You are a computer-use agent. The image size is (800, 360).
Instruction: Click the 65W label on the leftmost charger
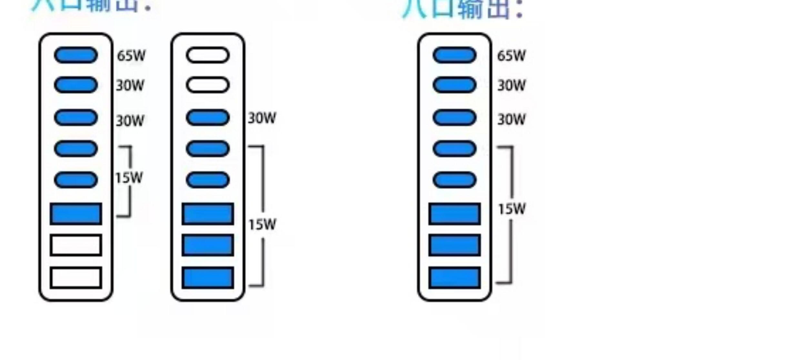pyautogui.click(x=131, y=55)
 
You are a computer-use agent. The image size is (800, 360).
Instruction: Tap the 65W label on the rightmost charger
pyautogui.click(x=511, y=55)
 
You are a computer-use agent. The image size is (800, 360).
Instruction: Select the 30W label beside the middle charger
pyautogui.click(x=262, y=118)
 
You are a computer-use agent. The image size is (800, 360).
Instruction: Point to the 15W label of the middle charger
pyautogui.click(x=262, y=225)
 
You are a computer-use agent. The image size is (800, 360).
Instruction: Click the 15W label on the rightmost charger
pyautogui.click(x=512, y=209)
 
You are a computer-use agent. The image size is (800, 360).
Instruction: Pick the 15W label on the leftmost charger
pyautogui.click(x=129, y=178)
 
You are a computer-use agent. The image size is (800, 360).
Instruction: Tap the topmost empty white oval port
pyautogui.click(x=208, y=55)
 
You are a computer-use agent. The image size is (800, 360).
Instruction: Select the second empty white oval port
pyautogui.click(x=208, y=85)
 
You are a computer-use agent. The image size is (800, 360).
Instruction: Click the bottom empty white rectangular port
pyautogui.click(x=76, y=277)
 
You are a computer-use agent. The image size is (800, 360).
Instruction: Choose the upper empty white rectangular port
pyautogui.click(x=76, y=245)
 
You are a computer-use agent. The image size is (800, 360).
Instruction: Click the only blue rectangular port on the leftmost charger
pyautogui.click(x=76, y=214)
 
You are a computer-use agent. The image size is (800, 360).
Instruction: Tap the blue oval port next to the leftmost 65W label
pyautogui.click(x=76, y=55)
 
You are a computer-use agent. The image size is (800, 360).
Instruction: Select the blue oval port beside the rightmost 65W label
pyautogui.click(x=454, y=55)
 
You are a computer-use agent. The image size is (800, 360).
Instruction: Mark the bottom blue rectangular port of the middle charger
pyautogui.click(x=208, y=277)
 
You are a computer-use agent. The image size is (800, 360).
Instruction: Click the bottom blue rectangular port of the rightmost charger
pyautogui.click(x=454, y=277)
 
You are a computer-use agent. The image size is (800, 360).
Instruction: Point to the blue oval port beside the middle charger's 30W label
pyautogui.click(x=208, y=117)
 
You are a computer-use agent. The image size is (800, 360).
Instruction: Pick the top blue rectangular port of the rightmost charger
pyautogui.click(x=454, y=214)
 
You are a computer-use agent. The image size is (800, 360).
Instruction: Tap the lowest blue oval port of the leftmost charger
pyautogui.click(x=76, y=180)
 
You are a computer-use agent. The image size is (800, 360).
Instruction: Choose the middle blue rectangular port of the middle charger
pyautogui.click(x=208, y=245)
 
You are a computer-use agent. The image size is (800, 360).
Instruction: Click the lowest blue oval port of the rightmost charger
pyautogui.click(x=454, y=180)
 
